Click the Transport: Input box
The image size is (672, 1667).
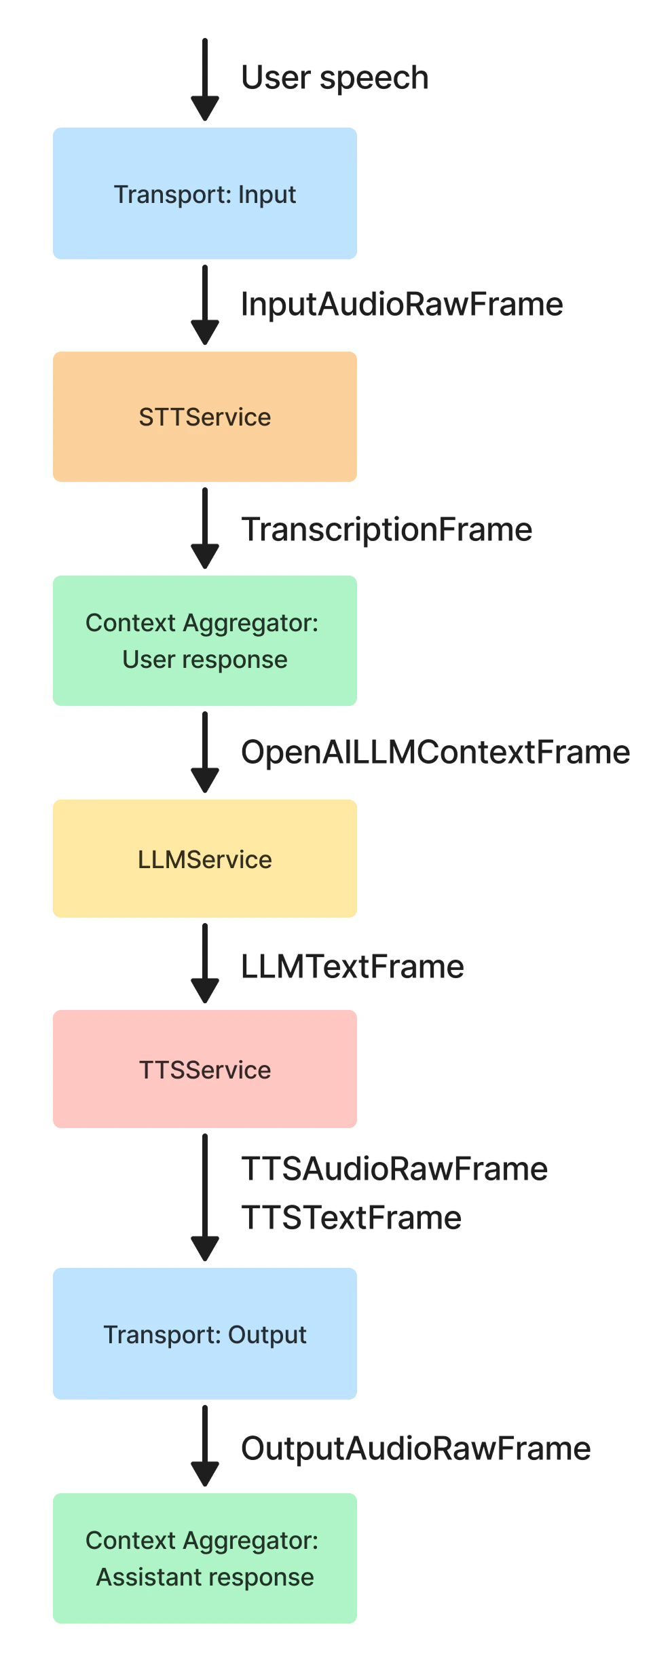click(x=204, y=193)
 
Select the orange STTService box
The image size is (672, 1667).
click(x=204, y=417)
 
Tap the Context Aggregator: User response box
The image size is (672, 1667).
click(x=204, y=641)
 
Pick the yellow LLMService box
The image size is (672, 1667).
click(x=204, y=859)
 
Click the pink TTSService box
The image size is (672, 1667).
click(x=204, y=1069)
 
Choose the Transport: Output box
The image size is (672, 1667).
click(x=204, y=1334)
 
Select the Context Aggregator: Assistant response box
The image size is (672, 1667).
click(x=204, y=1558)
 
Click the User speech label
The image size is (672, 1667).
click(x=335, y=78)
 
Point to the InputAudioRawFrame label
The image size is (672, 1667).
click(x=402, y=304)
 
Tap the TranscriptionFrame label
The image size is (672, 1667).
click(x=387, y=529)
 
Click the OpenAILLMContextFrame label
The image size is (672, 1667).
click(x=435, y=752)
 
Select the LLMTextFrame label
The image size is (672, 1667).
click(x=352, y=967)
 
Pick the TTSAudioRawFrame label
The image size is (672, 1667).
click(x=394, y=1169)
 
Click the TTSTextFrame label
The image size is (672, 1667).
click(x=351, y=1218)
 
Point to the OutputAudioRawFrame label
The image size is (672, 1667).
click(x=415, y=1448)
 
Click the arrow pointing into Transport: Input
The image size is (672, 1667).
click(x=204, y=80)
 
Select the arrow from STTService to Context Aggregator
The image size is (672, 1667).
click(x=204, y=528)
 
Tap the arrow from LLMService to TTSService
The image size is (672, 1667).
click(x=204, y=963)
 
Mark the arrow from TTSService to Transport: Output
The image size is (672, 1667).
click(x=204, y=1197)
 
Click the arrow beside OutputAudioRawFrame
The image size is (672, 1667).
click(x=204, y=1446)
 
